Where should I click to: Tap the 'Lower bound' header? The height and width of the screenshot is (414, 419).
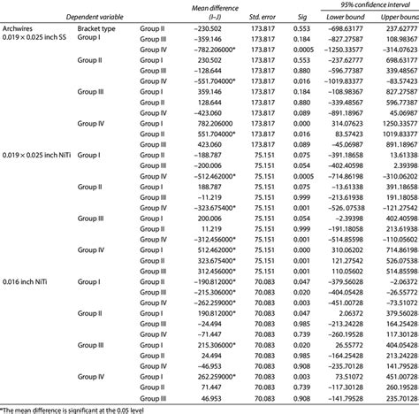pyautogui.click(x=353, y=15)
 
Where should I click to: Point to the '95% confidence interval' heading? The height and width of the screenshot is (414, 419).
pyautogui.click(x=371, y=4)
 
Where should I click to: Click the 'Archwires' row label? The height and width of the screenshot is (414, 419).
pyautogui.click(x=19, y=28)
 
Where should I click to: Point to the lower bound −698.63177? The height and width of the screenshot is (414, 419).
pyautogui.click(x=352, y=28)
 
